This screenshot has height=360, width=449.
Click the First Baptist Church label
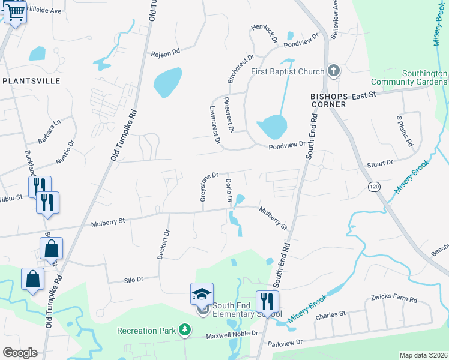pos(287,72)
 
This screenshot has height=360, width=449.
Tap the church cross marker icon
pos(334,71)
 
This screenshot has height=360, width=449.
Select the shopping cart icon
pos(15,12)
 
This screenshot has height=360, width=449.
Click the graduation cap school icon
pos(202,294)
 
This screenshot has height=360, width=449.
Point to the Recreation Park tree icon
pos(185,329)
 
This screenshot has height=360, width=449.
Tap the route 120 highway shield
pos(374,187)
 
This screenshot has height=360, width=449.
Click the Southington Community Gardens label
pos(408,77)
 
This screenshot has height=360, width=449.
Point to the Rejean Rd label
pos(166,53)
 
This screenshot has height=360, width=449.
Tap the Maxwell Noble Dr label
pos(230,333)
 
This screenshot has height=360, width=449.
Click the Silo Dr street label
pos(133,279)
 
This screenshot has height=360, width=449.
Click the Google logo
pos(20,353)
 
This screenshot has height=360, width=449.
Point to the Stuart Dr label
pos(380,163)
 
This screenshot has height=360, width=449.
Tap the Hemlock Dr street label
pos(267,34)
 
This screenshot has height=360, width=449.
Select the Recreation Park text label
pos(146,330)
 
